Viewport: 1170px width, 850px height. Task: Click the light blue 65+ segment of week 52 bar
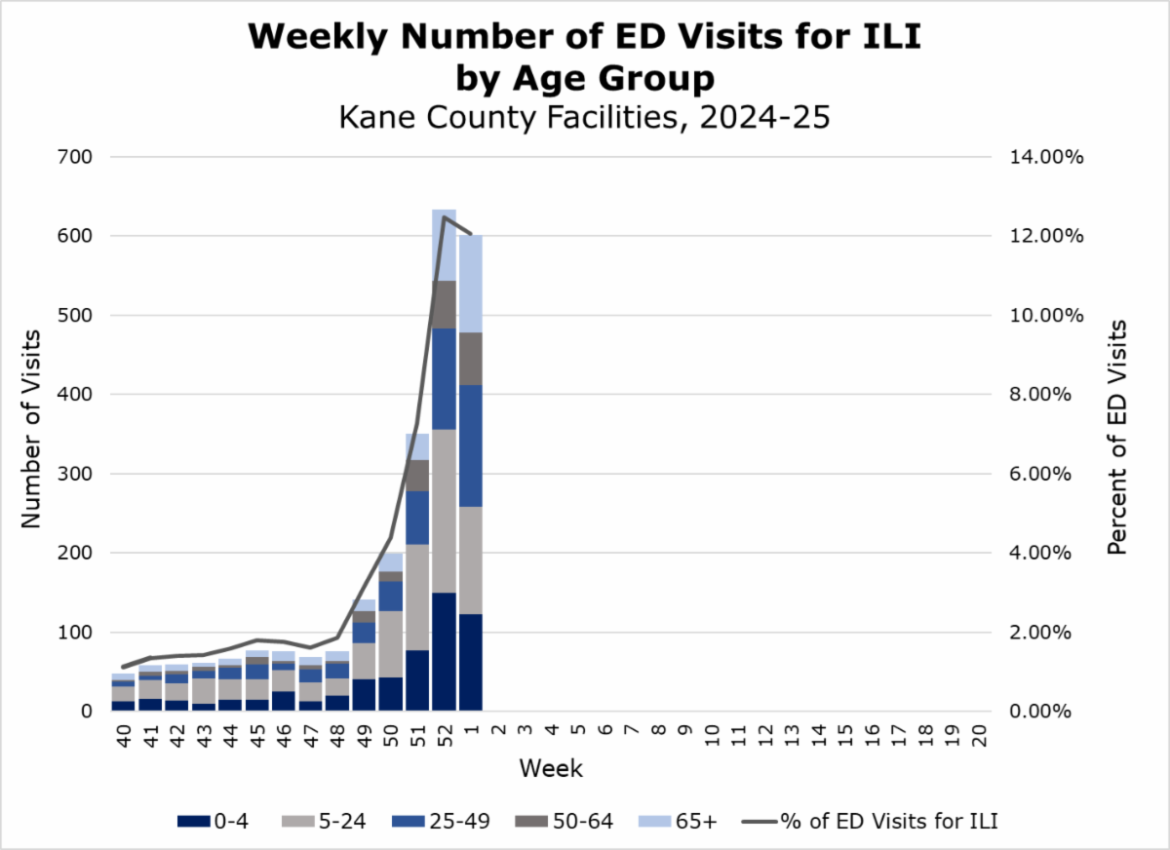coord(445,245)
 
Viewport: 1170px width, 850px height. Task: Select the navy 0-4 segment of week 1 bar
coord(471,662)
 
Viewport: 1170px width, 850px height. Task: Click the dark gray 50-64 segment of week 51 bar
coord(417,475)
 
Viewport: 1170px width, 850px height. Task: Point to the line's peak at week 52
coord(445,217)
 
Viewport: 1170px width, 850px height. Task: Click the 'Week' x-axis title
coord(551,769)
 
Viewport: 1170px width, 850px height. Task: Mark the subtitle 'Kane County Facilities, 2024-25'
coord(584,118)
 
